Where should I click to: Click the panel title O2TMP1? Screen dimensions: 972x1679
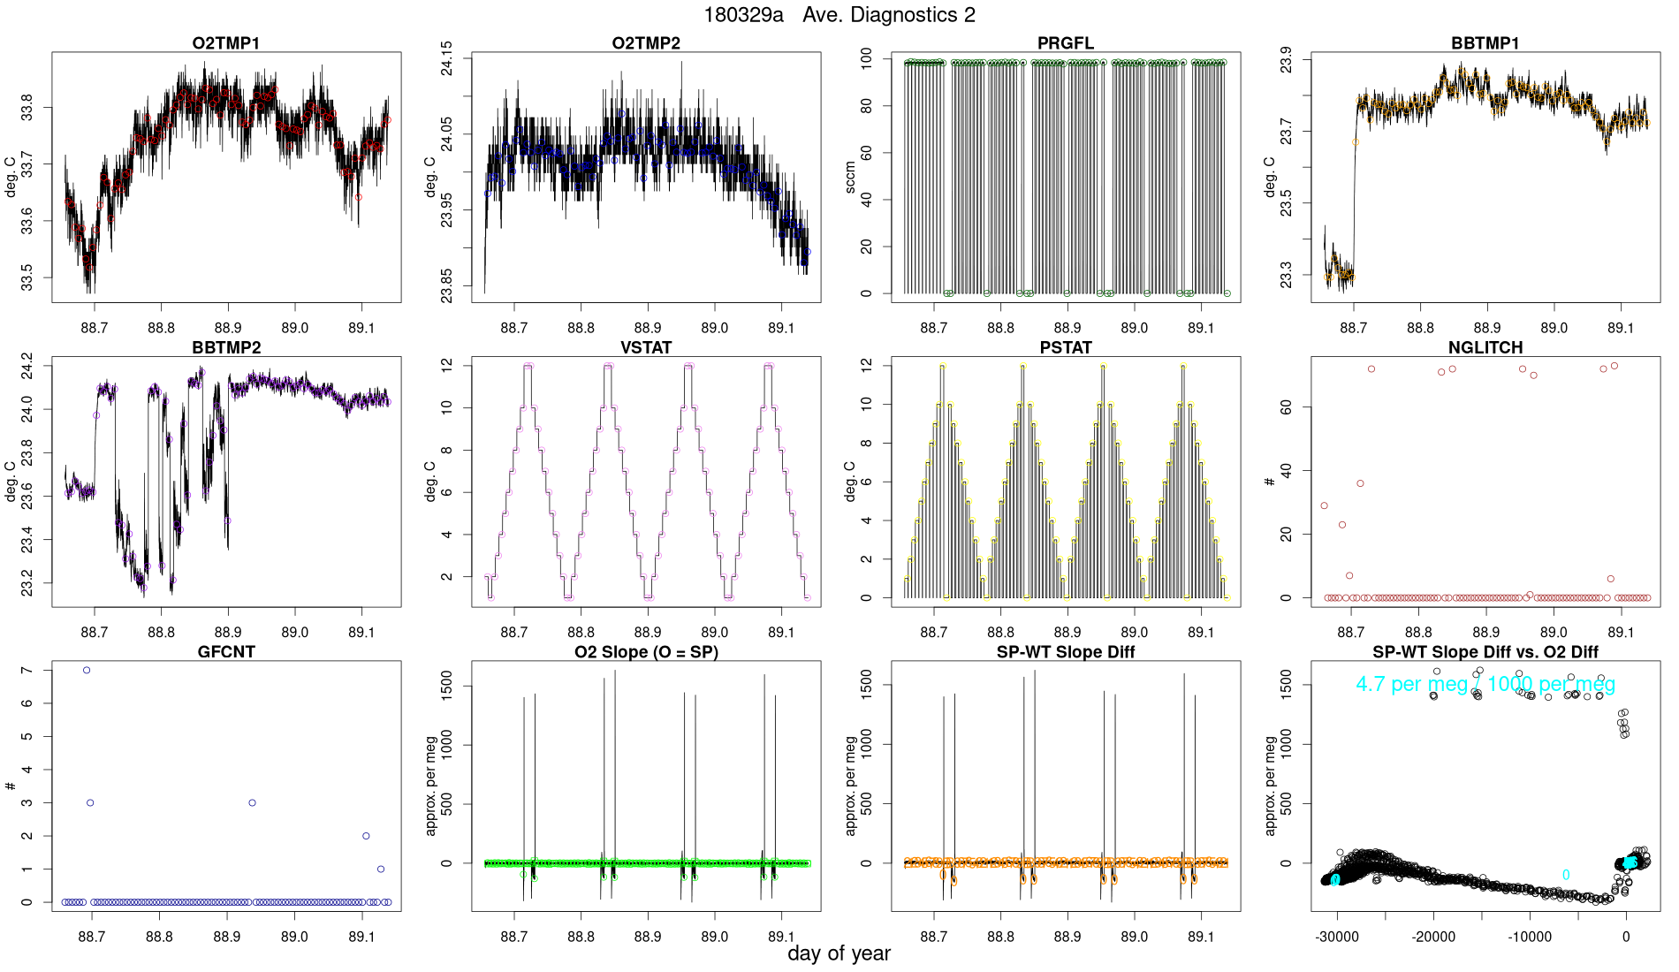(226, 43)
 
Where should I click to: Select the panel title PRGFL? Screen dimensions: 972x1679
(1066, 43)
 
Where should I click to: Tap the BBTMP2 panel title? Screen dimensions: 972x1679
(226, 347)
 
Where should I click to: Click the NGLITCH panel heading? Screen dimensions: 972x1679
(1485, 347)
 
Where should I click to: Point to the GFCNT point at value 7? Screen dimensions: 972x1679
(87, 670)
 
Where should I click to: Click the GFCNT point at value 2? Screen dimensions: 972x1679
(366, 836)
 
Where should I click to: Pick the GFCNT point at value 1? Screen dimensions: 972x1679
(381, 869)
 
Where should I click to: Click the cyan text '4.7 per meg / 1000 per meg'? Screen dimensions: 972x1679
(1485, 684)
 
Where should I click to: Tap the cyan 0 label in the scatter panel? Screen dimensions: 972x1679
(1566, 875)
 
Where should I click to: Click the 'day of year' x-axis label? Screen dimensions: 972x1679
(839, 953)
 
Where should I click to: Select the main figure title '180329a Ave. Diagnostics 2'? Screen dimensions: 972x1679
(839, 15)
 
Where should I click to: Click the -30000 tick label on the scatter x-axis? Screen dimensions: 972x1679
(1338, 937)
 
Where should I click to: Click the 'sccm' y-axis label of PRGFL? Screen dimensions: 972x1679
(850, 177)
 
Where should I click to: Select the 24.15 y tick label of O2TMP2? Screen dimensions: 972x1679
(446, 58)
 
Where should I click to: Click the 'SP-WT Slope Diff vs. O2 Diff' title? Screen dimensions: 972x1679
(1485, 652)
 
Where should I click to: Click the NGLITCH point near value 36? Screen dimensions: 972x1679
(1361, 483)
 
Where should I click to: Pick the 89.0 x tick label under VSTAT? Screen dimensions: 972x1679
(714, 633)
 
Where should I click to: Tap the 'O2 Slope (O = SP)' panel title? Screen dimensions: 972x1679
(646, 652)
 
